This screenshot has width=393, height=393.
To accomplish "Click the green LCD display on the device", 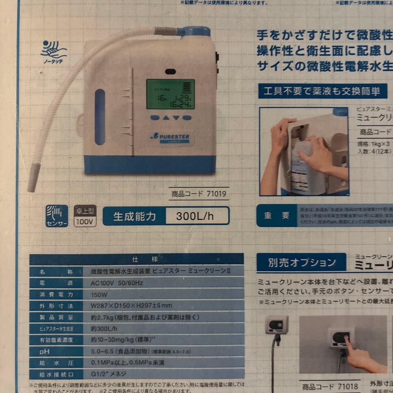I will coord(170,94).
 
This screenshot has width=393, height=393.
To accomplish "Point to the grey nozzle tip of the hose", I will coord(34,178).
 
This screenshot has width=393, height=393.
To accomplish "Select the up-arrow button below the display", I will coord(166,118).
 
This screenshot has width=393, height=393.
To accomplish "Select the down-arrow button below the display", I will coord(176,118).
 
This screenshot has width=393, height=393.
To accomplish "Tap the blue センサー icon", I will coord(57,216).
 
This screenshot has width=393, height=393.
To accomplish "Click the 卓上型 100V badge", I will coord(85,216).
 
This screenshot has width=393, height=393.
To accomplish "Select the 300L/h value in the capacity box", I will coord(195,216).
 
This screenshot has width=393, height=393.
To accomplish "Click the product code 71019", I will coord(199,194).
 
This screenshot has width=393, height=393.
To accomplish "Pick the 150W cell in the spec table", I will coord(99,294).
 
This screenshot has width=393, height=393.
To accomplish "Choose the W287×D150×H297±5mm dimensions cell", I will coord(131,306).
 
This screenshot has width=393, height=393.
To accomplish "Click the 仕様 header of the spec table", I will coord(136,259).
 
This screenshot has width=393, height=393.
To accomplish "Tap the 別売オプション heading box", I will coord(302,263).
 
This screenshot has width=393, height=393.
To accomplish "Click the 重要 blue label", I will coord(277,215).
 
